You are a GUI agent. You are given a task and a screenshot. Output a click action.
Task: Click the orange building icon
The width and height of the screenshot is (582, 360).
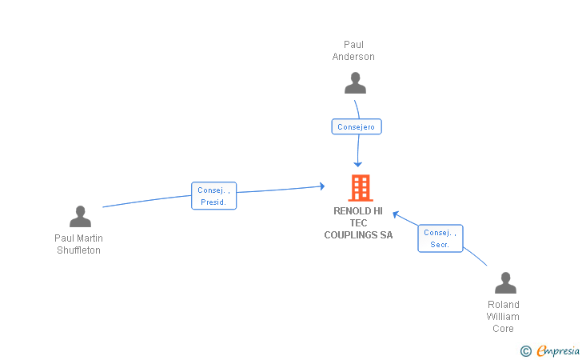[x=361, y=188]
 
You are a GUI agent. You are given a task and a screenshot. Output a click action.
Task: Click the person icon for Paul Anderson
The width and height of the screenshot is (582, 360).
[x=355, y=83]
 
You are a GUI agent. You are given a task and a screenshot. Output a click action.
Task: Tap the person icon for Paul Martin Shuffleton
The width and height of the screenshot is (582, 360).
[x=80, y=217]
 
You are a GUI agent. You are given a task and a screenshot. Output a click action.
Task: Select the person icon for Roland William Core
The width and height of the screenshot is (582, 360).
[x=505, y=283]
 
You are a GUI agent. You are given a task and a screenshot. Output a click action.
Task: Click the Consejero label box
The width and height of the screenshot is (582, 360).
[x=357, y=126]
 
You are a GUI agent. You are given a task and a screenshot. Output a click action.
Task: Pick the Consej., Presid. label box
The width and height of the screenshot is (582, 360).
[x=214, y=196]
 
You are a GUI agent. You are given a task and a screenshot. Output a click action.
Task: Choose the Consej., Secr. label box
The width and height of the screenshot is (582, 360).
[x=440, y=238]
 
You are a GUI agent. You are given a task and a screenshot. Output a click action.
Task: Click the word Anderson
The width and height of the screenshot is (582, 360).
[x=353, y=57]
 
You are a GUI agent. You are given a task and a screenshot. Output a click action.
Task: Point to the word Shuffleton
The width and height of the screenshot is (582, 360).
[x=78, y=250]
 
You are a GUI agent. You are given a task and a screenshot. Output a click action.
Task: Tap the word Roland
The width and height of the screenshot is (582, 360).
[x=504, y=305]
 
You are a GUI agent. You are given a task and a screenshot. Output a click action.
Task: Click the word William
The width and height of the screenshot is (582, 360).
[x=503, y=317]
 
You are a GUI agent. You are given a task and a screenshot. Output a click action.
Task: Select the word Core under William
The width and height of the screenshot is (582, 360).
[x=504, y=329]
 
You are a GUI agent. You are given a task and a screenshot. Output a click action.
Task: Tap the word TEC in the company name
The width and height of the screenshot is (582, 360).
[x=358, y=223]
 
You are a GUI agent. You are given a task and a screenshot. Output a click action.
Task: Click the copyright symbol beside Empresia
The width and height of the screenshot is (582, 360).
[x=525, y=350]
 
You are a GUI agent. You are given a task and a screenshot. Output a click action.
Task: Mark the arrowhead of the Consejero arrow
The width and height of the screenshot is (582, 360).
[x=358, y=164]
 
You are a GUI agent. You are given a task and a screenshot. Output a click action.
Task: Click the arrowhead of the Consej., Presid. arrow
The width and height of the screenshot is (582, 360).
[x=322, y=186]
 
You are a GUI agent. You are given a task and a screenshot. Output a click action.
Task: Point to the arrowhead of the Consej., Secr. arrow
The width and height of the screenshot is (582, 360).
[x=395, y=214]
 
